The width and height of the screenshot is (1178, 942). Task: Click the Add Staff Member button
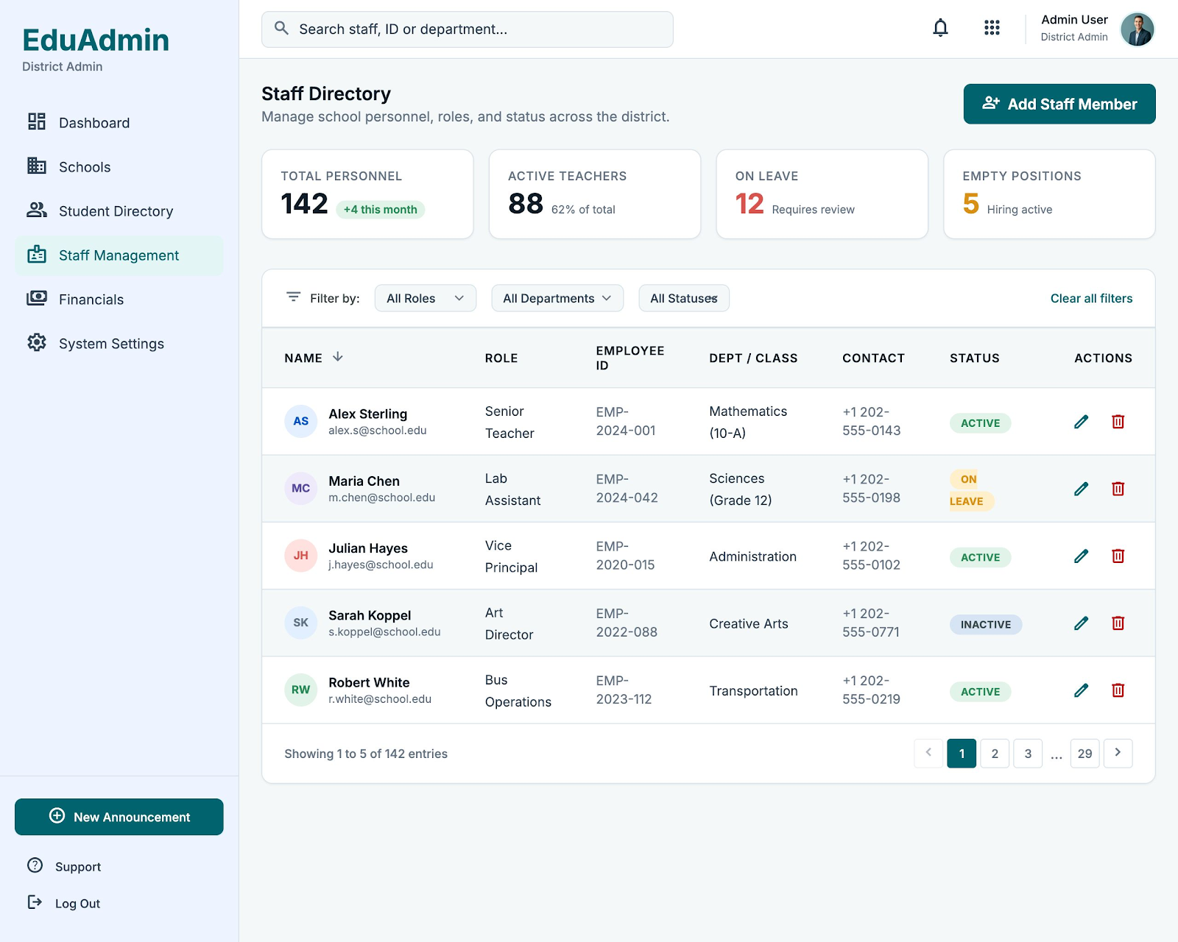(1059, 104)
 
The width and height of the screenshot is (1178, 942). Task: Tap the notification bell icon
(940, 27)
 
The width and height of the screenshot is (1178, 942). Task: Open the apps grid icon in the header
(991, 27)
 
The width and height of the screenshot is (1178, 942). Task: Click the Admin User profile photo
(1137, 29)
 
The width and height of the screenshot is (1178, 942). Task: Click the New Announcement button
(119, 817)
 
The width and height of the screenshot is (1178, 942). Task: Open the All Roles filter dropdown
(426, 298)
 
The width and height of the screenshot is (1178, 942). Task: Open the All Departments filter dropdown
(557, 298)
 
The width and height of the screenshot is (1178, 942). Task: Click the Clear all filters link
(1091, 298)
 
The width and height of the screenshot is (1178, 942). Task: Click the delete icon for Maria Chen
(1118, 488)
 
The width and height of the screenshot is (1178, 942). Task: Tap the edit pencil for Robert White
(1081, 690)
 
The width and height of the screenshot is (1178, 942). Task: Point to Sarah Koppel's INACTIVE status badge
(985, 625)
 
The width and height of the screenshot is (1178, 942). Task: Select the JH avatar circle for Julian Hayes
(300, 556)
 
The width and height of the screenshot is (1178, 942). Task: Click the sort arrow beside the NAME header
(338, 357)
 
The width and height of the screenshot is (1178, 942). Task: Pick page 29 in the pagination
(1084, 753)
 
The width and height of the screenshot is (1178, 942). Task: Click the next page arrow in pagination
(1118, 753)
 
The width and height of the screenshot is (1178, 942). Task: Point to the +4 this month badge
(380, 210)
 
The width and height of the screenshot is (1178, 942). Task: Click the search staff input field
(467, 29)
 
